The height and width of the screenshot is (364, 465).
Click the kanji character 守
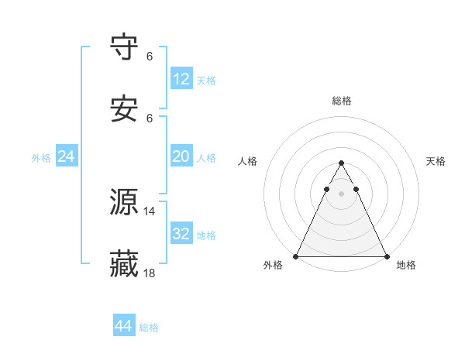pos(125,47)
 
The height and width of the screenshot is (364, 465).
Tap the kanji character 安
pos(125,109)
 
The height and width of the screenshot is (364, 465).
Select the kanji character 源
pos(125,202)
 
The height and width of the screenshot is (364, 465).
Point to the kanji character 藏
pos(125,264)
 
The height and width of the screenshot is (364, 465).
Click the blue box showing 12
pos(181,79)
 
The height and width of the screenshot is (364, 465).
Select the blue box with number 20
pos(181,156)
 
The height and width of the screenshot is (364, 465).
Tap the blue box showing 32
pos(181,234)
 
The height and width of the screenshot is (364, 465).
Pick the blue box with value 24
pos(67,156)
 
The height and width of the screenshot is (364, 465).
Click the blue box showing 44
pos(124,326)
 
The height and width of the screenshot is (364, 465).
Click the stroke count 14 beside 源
pos(150,211)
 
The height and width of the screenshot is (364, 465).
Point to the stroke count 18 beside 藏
pos(150,273)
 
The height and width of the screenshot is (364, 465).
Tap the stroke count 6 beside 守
pos(150,56)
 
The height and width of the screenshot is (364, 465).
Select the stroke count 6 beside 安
pos(150,118)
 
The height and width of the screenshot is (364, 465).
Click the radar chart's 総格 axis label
pos(342,101)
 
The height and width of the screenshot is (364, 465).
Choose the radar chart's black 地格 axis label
pos(406,266)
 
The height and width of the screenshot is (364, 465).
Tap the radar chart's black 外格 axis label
pos(274,266)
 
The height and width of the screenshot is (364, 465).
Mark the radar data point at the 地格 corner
pos(386,256)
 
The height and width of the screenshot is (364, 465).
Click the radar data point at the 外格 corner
pos(296,256)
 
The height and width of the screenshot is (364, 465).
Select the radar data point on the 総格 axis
pos(341,163)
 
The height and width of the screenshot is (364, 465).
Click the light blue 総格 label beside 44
pos(149,328)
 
